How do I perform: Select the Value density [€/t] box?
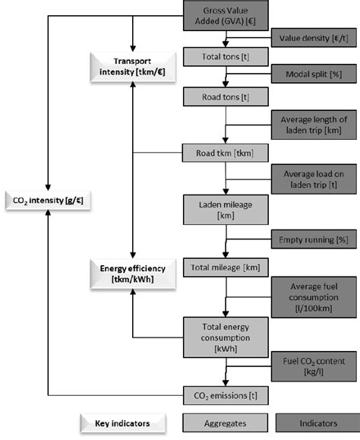point(308,36)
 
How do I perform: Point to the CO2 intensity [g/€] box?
point(47,201)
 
